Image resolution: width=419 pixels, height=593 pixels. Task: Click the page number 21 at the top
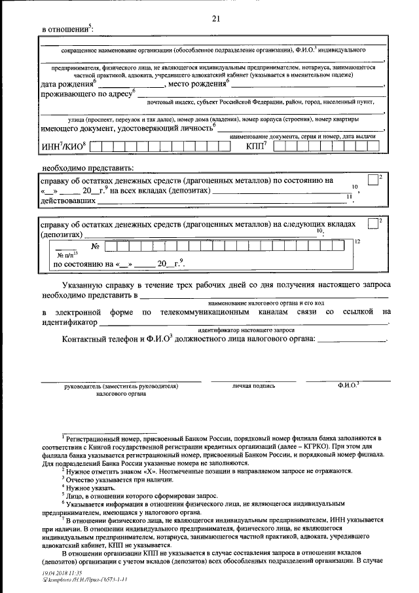pos(216,19)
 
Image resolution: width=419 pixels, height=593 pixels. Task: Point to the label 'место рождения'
pos(196,85)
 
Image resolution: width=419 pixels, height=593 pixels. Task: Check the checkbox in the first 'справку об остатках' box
pos(373,180)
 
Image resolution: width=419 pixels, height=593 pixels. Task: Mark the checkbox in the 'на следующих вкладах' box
pos(373,223)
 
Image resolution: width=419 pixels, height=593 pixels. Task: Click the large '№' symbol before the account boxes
pos(94,247)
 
